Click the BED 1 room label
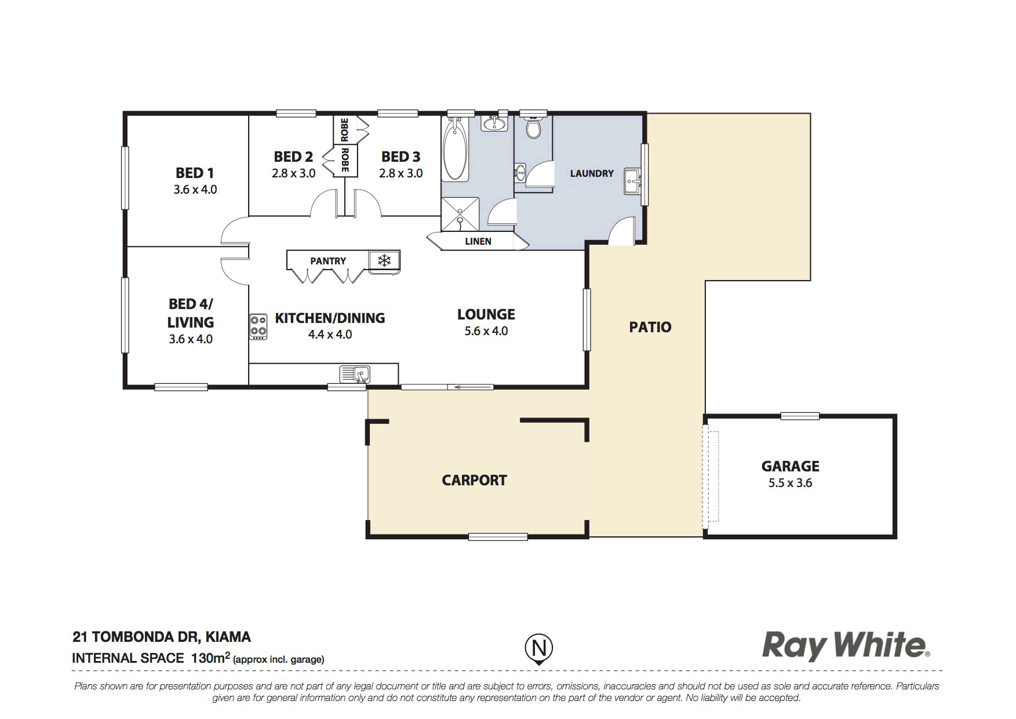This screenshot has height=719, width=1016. (x=195, y=173)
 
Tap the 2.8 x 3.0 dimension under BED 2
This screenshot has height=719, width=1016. (x=293, y=173)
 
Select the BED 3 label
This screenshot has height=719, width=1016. (x=400, y=157)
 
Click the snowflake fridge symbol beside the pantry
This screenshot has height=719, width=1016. (x=384, y=260)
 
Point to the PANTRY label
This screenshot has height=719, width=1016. (x=328, y=261)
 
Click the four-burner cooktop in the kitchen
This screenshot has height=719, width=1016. (x=258, y=326)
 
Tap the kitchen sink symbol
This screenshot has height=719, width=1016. (x=355, y=374)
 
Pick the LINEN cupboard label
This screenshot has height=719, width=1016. (x=478, y=241)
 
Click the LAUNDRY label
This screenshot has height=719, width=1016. (x=592, y=173)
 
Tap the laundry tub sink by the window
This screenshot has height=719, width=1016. (x=632, y=181)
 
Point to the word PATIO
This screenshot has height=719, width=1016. (x=650, y=327)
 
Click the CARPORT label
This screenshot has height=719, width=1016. (x=474, y=480)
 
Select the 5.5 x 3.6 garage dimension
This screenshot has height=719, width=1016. (x=791, y=483)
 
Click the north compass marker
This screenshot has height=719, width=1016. (x=539, y=648)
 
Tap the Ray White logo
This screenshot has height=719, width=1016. (x=846, y=645)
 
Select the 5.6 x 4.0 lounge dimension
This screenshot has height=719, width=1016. (x=486, y=331)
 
